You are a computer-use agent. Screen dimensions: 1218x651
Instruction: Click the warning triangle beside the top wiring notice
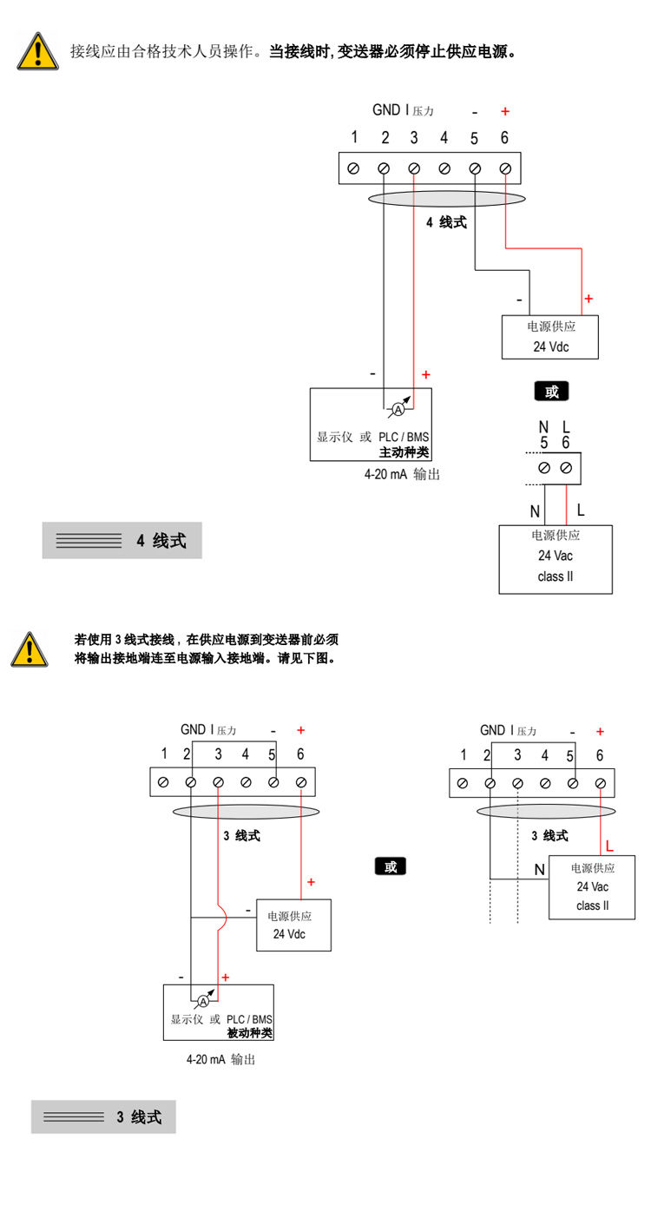coord(38,51)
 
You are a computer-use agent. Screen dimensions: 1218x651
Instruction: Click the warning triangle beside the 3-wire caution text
coord(30,649)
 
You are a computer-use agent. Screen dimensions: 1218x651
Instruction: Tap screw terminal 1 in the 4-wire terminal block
coord(353,168)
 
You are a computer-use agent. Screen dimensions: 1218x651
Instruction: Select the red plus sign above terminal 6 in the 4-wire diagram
coord(505,112)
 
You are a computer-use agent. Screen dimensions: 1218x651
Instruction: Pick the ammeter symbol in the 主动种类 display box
coord(398,407)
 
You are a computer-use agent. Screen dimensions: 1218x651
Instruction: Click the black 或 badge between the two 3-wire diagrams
coord(391,866)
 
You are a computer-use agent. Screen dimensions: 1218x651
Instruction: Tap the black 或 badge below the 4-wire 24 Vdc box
coord(551,392)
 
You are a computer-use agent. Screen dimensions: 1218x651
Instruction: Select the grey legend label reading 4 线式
coord(122,541)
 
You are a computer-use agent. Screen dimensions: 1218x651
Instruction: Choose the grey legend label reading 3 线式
coord(103,1117)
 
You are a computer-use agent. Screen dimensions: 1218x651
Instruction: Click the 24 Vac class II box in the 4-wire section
coord(556,559)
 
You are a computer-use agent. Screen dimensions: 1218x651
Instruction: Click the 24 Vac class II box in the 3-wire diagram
coord(592,886)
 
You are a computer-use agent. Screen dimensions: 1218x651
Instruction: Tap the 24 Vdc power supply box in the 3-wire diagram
coord(293,925)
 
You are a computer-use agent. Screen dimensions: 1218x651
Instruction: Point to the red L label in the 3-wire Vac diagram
coord(609,846)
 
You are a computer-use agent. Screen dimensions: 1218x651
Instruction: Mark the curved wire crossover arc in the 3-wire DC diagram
coord(221,917)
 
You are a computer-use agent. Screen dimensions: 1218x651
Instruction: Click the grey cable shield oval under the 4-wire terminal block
coord(447,199)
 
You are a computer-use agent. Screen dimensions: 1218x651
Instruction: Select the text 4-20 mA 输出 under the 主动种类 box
coord(402,475)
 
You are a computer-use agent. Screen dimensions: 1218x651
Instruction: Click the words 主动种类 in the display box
coord(404,452)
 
